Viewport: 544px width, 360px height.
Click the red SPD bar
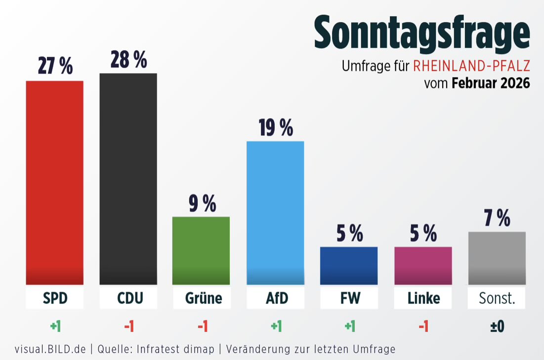click(x=54, y=182)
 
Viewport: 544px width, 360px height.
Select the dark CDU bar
click(x=128, y=179)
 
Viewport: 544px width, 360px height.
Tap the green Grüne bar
click(x=201, y=250)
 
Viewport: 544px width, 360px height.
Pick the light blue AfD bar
click(x=275, y=213)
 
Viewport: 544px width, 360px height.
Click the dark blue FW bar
click(x=349, y=266)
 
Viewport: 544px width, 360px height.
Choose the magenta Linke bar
click(x=423, y=266)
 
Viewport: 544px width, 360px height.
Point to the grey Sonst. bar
click(x=497, y=258)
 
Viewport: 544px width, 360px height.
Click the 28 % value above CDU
click(x=128, y=60)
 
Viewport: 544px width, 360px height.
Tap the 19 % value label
click(x=275, y=128)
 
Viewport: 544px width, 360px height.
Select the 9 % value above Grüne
click(x=202, y=203)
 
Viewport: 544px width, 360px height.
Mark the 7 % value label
click(x=497, y=218)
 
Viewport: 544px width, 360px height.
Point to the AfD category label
click(x=275, y=298)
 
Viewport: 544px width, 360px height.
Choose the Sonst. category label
click(x=497, y=298)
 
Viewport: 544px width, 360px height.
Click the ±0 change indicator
click(x=497, y=326)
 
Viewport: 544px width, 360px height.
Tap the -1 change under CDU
click(x=128, y=326)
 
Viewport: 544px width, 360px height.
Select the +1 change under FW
click(x=349, y=326)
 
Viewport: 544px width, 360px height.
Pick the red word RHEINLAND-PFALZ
click(x=471, y=66)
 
